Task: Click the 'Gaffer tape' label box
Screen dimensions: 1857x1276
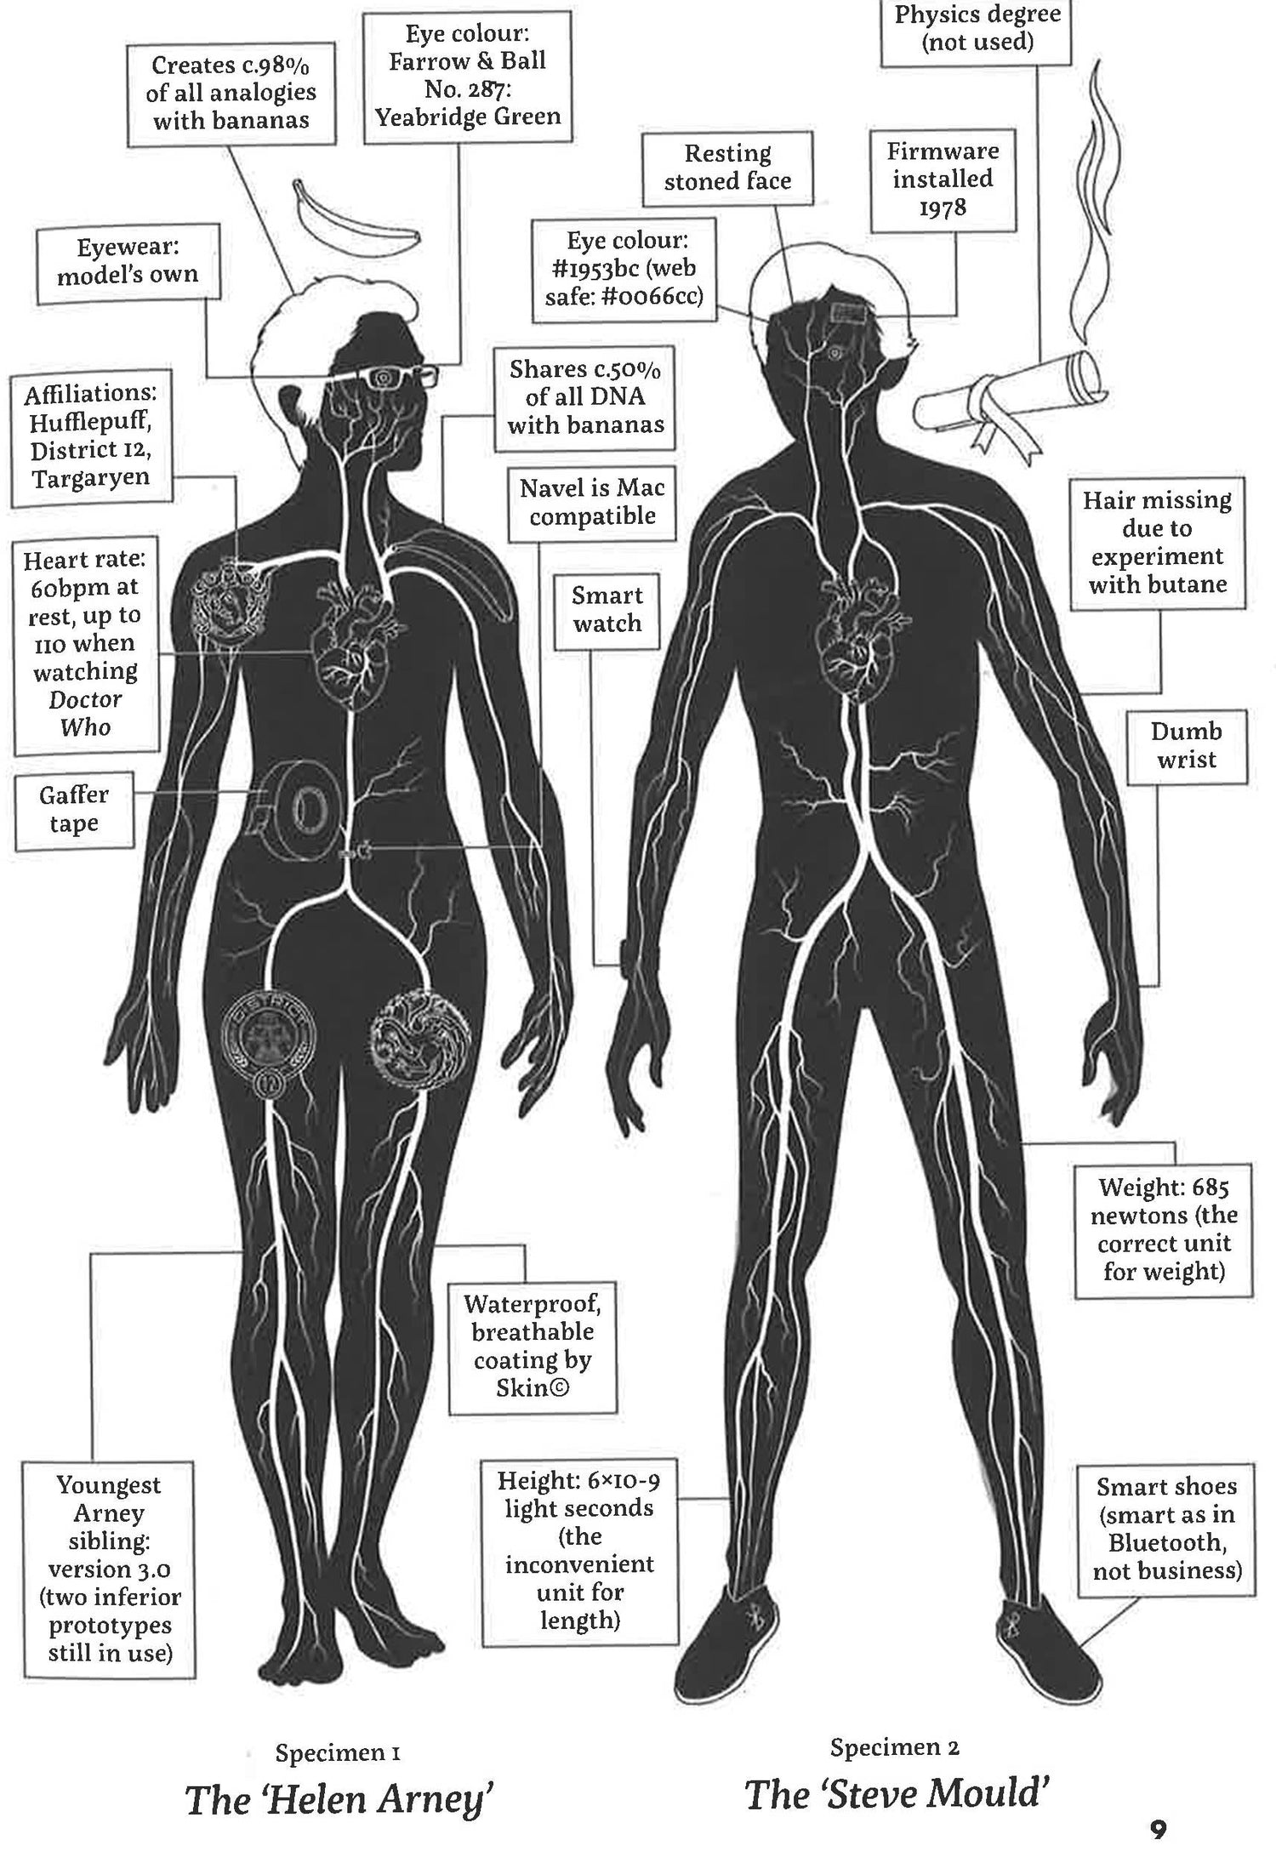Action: tap(74, 810)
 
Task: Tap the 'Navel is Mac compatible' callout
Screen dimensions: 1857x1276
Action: tap(592, 502)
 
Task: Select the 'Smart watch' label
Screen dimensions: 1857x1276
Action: tap(607, 610)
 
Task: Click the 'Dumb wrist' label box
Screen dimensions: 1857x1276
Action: tap(1186, 746)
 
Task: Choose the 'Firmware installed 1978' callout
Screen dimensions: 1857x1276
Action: tap(943, 179)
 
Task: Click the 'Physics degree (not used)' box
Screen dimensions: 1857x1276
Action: tap(977, 29)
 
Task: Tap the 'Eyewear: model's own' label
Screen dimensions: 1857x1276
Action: tap(128, 261)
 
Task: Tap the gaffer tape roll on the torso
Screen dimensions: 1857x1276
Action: tap(296, 809)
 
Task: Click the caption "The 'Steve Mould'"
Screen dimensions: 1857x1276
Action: tap(896, 1795)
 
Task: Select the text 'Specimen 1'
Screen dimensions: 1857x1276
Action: tap(338, 1752)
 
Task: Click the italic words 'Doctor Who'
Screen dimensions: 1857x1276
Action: tap(85, 713)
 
